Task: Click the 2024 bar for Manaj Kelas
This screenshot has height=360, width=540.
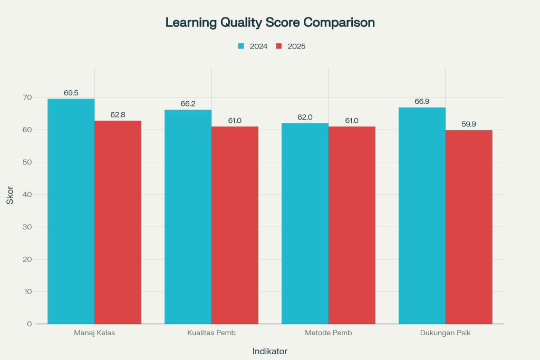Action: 71,211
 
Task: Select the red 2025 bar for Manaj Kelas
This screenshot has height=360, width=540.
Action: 118,222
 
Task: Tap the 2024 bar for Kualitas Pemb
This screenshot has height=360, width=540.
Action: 188,217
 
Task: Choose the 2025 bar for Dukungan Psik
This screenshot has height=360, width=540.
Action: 469,227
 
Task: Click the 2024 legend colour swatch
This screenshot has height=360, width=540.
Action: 241,46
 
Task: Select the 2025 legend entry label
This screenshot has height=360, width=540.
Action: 296,46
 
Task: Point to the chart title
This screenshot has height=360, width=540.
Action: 270,23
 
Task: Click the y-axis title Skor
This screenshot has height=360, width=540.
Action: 10,194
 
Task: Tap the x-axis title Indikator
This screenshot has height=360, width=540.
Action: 270,351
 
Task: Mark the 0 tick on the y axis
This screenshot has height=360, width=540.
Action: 30,324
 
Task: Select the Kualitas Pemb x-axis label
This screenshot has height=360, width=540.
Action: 211,333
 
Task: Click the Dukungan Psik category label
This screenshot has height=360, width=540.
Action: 446,333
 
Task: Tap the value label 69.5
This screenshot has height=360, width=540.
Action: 71,93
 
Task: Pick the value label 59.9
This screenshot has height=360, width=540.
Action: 469,124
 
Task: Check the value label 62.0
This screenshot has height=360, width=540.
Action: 305,117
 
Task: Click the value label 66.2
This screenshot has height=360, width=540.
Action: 188,104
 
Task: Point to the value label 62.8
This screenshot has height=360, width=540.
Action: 118,114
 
